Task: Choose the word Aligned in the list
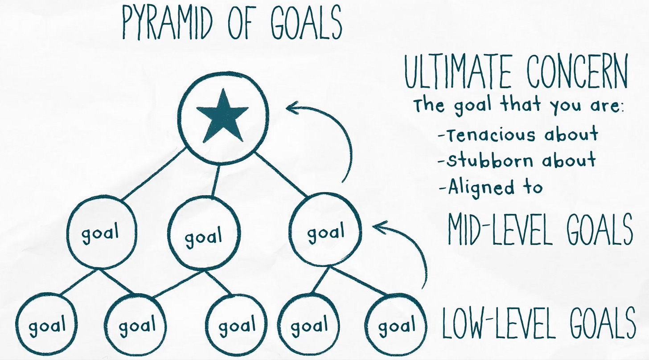coord(475,187)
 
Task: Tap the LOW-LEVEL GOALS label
coord(539,323)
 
